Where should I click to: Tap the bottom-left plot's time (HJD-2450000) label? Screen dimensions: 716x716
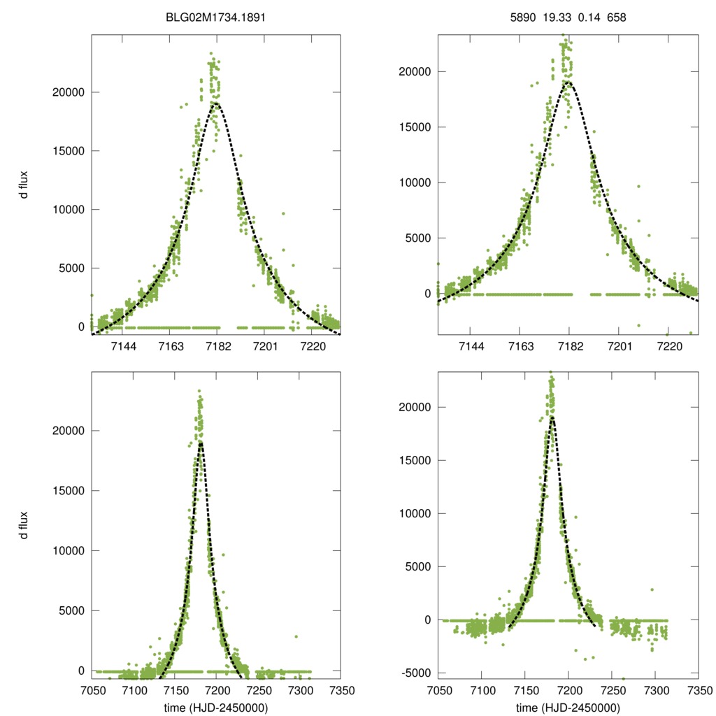point(216,707)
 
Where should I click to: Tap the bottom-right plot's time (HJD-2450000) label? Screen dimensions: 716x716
point(568,707)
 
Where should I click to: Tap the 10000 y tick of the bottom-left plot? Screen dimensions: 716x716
point(69,550)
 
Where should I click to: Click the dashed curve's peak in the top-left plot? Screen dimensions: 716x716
point(216,103)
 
